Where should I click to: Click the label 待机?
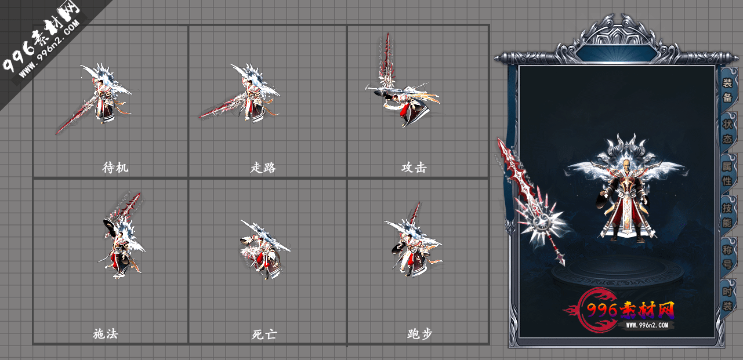click(x=115, y=168)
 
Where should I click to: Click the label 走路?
click(x=263, y=168)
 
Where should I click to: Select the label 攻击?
click(x=414, y=168)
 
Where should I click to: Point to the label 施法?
click(x=106, y=334)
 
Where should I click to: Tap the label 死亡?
click(x=264, y=334)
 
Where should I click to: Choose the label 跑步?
click(x=420, y=334)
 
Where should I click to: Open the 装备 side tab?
click(x=727, y=90)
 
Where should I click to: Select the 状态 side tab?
click(x=727, y=132)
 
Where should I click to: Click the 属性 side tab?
click(x=727, y=173)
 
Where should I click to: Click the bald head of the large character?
click(x=626, y=165)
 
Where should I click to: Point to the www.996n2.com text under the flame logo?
click(x=650, y=325)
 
